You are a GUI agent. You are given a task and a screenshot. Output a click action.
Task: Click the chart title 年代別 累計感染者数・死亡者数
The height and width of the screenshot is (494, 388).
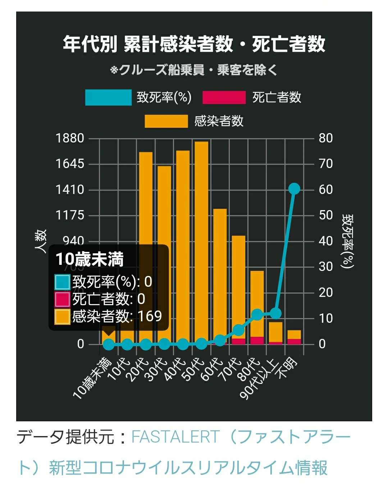point(194,44)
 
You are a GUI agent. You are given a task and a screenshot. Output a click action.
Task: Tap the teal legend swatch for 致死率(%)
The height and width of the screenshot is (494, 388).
point(108,98)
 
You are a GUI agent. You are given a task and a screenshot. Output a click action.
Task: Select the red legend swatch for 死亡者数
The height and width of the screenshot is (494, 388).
point(224,98)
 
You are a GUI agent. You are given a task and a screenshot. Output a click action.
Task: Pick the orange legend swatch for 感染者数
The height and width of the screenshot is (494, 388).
point(166,121)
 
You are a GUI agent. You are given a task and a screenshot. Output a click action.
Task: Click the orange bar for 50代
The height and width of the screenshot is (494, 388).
point(201,241)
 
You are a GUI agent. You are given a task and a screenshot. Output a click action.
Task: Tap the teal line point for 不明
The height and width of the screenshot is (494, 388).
point(294,189)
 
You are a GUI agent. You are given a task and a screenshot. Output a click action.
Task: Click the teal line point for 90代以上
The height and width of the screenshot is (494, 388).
point(275,313)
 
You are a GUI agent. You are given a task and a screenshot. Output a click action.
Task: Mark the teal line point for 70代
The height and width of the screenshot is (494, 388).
point(238,330)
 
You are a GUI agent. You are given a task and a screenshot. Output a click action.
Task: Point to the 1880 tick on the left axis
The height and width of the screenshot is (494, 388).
point(70,138)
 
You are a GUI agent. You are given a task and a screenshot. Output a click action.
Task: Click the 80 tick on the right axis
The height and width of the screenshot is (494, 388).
point(326,138)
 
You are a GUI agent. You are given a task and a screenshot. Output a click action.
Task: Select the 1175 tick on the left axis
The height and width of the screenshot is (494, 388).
point(70,215)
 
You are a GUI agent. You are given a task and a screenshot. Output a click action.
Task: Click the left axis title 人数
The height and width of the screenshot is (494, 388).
point(41,241)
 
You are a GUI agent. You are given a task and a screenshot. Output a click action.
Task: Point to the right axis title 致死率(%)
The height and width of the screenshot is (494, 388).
point(348,241)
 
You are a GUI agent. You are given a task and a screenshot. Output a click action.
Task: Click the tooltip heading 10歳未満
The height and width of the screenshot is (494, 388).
point(90,259)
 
